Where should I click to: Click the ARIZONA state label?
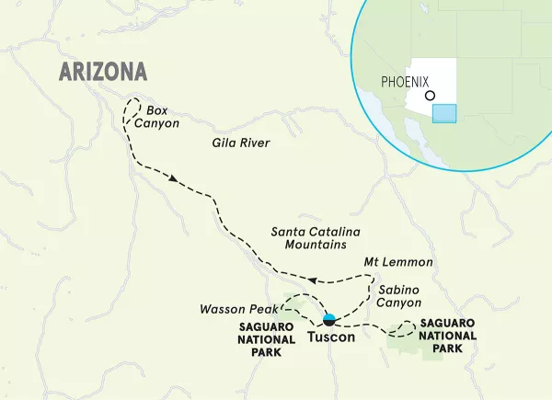coord(102,71)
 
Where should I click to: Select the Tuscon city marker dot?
coord(328,320)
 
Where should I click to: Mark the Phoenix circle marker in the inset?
coord(430,95)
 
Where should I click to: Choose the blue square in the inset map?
coord(444,113)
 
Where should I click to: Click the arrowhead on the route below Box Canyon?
coord(172,179)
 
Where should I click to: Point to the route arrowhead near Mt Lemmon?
coord(313,280)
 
